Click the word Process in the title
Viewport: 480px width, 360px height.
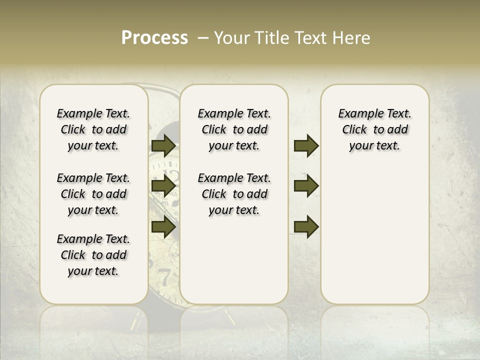[x=154, y=38]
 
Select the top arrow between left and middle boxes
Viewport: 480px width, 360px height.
[x=163, y=146]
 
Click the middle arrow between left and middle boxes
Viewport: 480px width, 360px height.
[x=163, y=186]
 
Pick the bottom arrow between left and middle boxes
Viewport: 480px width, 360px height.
[x=163, y=227]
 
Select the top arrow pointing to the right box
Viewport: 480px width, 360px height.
[x=306, y=146]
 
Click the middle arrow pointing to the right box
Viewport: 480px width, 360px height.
[x=306, y=186]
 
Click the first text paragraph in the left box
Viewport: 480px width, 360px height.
[x=93, y=129]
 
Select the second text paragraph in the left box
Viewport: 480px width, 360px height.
[x=93, y=194]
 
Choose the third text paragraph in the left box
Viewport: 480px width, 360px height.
[x=93, y=255]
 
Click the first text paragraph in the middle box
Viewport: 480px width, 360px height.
[x=234, y=129]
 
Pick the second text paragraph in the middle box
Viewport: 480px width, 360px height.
[x=234, y=194]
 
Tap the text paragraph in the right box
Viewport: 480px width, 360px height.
[x=374, y=129]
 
